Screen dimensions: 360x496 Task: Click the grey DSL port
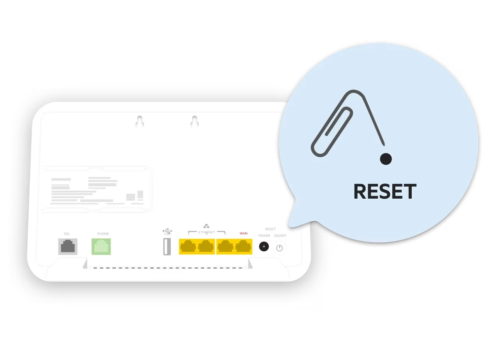(67, 247)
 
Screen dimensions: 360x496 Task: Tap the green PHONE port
(101, 247)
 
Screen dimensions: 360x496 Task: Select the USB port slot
(167, 247)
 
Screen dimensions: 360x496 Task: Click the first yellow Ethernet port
(188, 247)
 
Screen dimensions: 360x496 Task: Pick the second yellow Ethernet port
(206, 247)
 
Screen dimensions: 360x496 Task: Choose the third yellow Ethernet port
(225, 247)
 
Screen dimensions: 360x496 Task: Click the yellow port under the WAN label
(243, 247)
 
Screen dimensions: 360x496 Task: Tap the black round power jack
(264, 247)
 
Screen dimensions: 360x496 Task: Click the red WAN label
(243, 234)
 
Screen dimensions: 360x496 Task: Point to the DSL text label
(67, 234)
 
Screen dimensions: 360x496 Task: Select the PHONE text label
(103, 234)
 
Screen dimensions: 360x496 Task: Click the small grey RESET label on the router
(270, 229)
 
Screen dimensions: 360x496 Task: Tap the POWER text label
(264, 236)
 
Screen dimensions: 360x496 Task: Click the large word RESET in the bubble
(385, 192)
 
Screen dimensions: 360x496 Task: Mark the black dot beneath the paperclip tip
(386, 159)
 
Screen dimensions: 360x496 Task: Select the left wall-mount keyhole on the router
(140, 122)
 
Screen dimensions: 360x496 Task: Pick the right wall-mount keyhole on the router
(194, 122)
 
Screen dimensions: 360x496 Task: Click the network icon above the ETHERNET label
(206, 226)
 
